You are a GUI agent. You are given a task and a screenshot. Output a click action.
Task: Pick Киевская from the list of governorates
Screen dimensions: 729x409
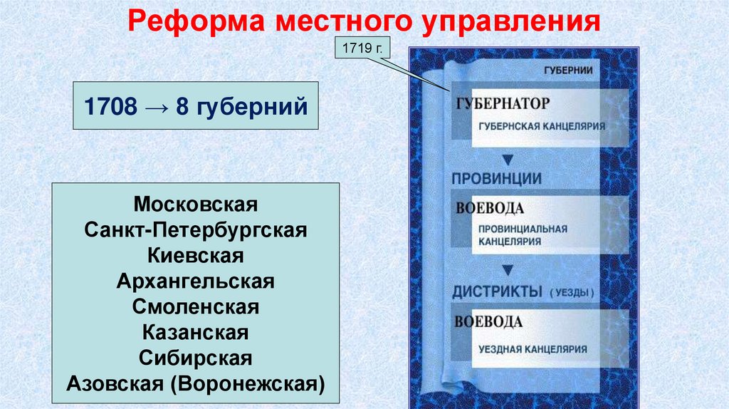coord(195,255)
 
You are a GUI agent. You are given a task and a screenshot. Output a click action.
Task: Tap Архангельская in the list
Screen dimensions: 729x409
coord(195,280)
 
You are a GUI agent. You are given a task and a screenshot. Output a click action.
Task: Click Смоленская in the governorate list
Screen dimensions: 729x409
coord(195,306)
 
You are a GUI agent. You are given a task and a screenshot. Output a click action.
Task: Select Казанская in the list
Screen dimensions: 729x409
coord(195,331)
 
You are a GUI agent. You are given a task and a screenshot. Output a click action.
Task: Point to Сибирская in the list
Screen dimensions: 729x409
coord(195,356)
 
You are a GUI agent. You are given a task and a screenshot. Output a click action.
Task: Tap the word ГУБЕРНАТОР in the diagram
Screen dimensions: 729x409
coord(503,104)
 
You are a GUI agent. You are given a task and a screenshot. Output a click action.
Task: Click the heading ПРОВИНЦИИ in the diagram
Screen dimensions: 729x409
coord(497,179)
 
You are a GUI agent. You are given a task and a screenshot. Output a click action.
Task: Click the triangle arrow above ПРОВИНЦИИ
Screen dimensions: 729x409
coord(508,157)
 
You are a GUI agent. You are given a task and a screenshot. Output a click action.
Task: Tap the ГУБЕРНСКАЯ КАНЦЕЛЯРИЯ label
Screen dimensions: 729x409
coord(542,125)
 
